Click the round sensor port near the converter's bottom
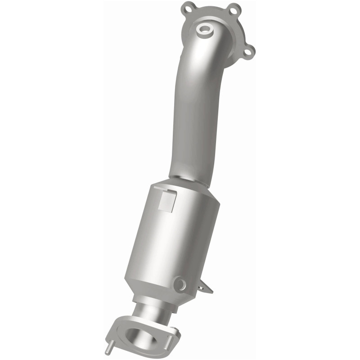point(180,284)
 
